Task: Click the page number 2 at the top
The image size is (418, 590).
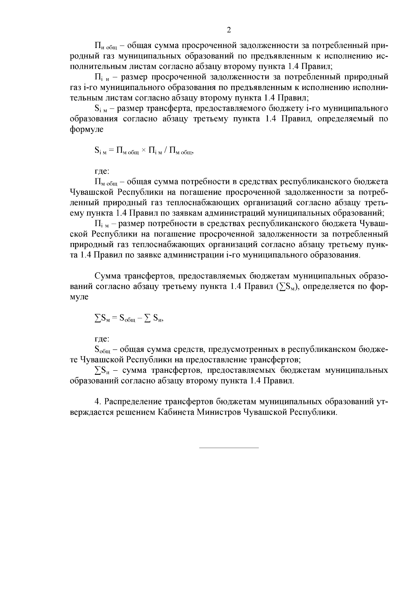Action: (x=229, y=30)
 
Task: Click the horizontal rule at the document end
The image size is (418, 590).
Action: (x=229, y=447)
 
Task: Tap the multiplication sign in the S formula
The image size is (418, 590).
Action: (x=144, y=151)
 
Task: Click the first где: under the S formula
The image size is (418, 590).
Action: (x=102, y=171)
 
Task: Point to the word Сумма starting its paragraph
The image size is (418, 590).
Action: (x=108, y=276)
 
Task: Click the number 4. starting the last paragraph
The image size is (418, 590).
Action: (x=98, y=402)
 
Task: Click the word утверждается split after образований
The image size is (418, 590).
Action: (x=380, y=402)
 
